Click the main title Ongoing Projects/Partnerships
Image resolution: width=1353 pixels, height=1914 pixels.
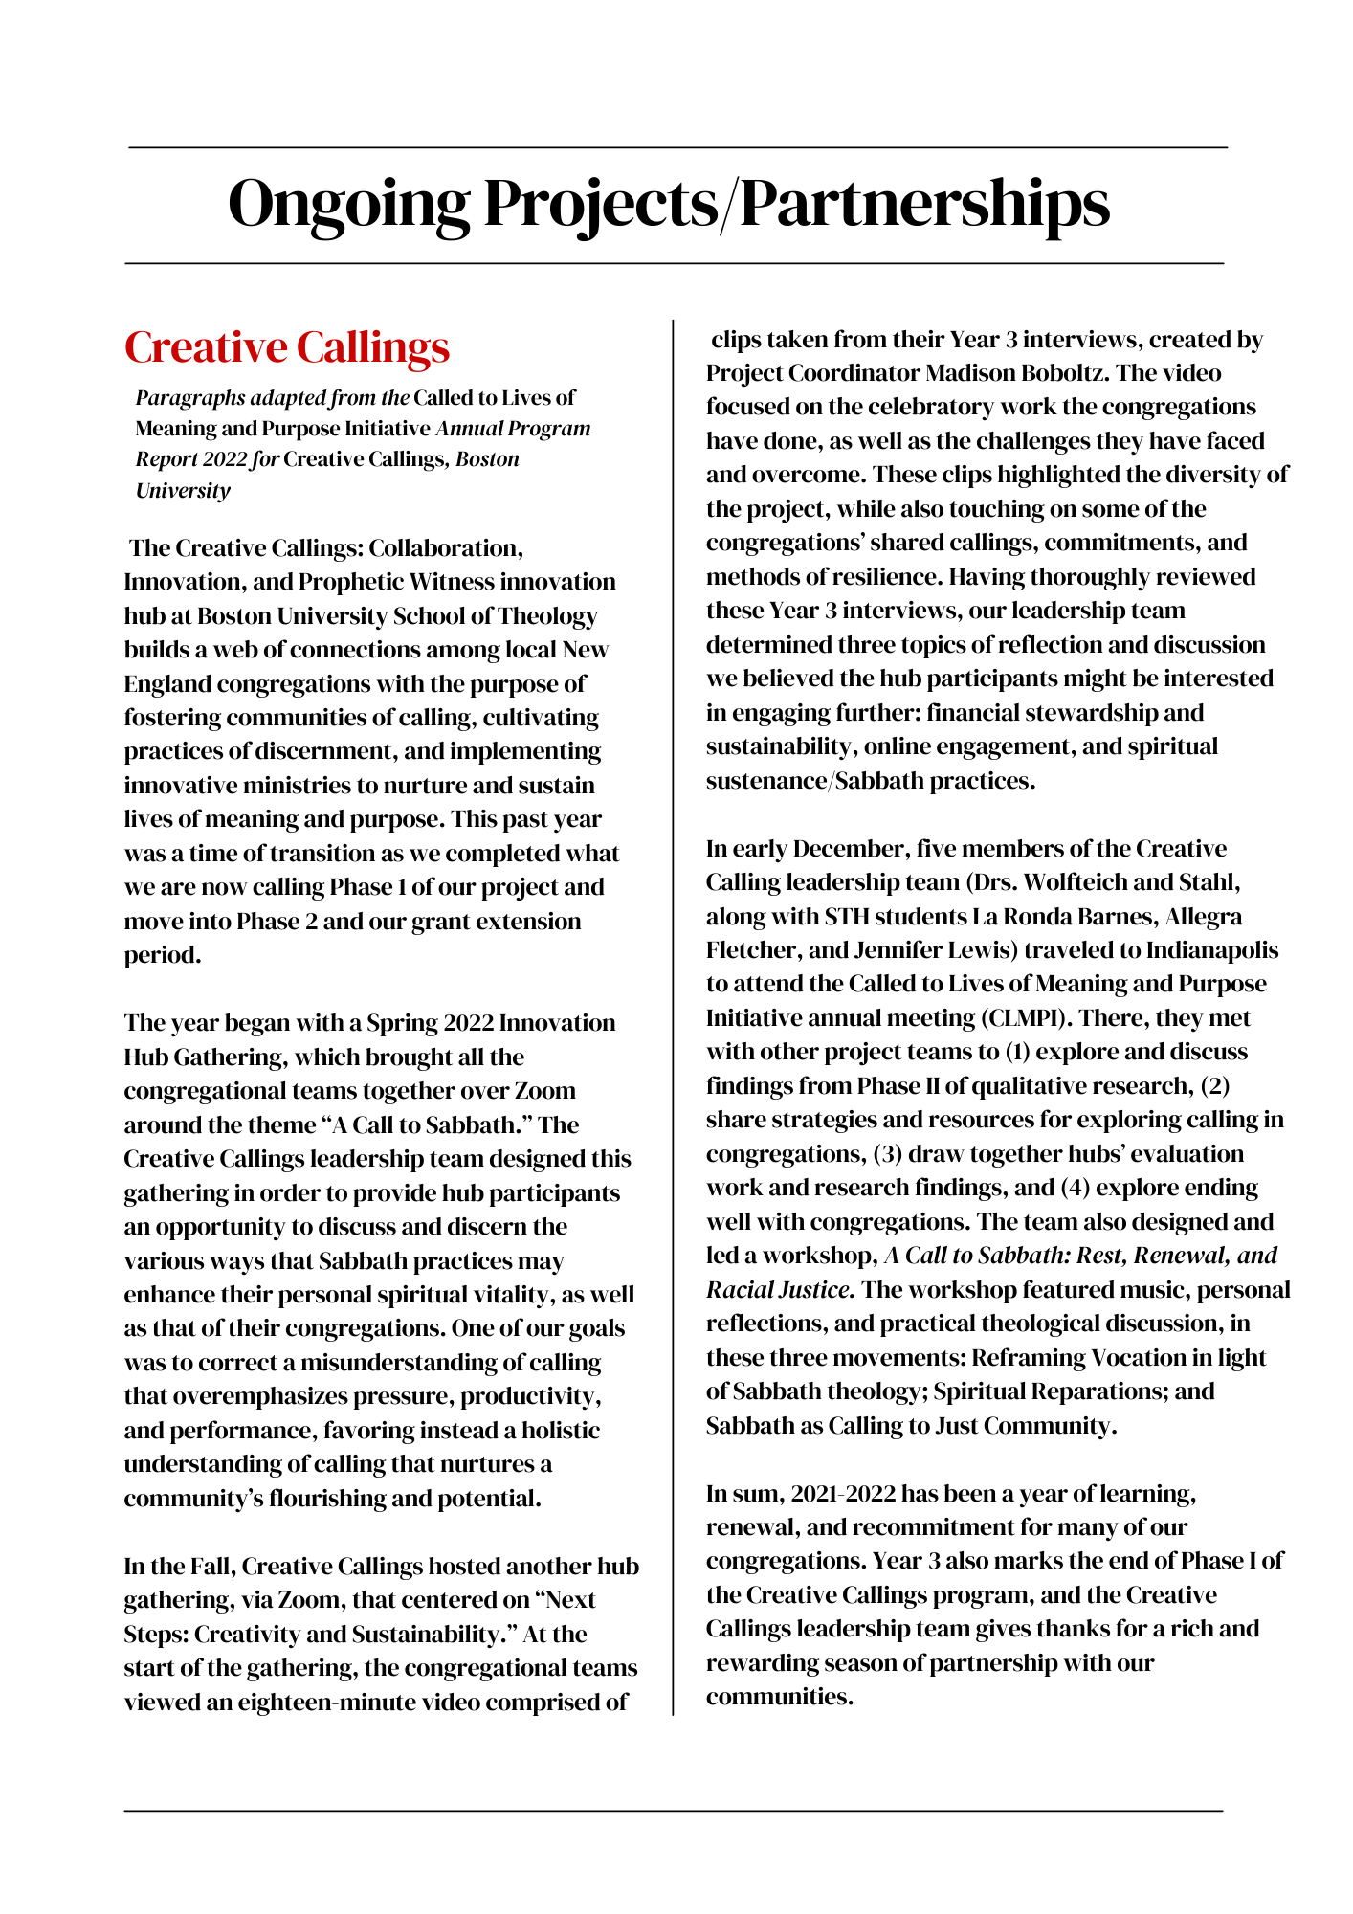tap(669, 204)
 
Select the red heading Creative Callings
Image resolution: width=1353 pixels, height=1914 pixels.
tap(287, 347)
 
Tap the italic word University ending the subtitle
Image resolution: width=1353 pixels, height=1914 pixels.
tap(183, 491)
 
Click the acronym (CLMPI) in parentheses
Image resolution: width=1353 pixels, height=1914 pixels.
tap(1009, 1018)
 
